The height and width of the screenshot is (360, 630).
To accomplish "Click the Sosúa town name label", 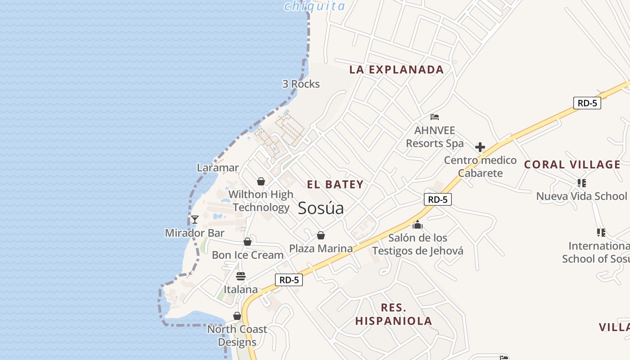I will [x=321, y=208].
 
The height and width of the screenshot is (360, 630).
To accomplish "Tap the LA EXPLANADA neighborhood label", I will [x=396, y=70].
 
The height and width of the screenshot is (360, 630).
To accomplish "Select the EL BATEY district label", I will [x=335, y=184].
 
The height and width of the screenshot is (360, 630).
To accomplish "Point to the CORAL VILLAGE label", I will [x=572, y=165].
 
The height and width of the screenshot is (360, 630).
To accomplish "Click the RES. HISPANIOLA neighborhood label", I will [x=394, y=314].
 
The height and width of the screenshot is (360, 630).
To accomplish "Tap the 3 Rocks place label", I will [x=301, y=84].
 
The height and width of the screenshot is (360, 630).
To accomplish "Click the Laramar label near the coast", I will [x=218, y=168].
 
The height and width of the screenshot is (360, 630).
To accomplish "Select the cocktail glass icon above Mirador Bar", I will [x=195, y=220].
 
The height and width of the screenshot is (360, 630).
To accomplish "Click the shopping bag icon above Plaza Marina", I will [x=321, y=235].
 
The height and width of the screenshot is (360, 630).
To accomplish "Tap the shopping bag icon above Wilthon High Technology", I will [x=261, y=181].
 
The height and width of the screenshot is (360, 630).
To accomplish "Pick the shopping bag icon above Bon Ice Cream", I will [x=247, y=242].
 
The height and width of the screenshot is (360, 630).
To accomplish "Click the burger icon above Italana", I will [x=241, y=276].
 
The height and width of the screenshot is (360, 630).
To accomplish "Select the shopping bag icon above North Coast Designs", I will [x=237, y=316].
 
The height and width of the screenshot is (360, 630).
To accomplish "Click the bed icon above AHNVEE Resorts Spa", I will [x=435, y=117].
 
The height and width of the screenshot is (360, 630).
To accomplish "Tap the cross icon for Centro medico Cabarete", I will [x=480, y=147].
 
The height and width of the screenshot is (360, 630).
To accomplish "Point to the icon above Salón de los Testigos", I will [x=418, y=225].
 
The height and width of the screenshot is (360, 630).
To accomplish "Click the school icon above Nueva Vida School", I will [x=581, y=183].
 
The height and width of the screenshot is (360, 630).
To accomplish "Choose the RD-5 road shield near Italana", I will [x=289, y=280].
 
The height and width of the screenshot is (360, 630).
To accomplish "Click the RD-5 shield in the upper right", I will [x=587, y=103].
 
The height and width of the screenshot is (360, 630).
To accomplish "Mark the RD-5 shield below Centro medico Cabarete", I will [x=437, y=199].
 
